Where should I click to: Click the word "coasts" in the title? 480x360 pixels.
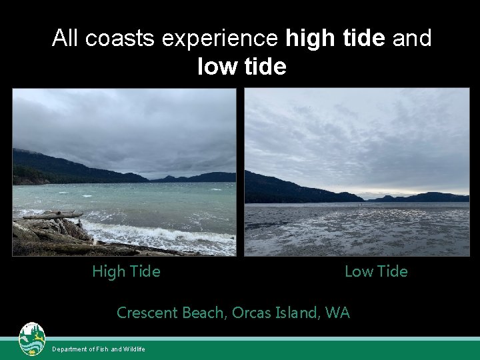[x=115, y=38]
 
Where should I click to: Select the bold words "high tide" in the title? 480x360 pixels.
[x=335, y=38]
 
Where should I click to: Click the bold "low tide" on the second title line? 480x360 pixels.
[x=242, y=67]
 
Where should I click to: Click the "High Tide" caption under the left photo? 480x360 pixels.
[x=126, y=271]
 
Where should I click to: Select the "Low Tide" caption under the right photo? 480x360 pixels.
[x=376, y=271]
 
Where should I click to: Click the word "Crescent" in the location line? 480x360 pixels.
[x=145, y=312]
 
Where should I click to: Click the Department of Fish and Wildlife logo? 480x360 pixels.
[x=32, y=339]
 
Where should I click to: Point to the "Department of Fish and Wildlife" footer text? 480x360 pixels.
[x=99, y=349]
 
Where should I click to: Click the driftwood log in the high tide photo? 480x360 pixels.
[x=53, y=215]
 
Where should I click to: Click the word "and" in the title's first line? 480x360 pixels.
[x=412, y=38]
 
